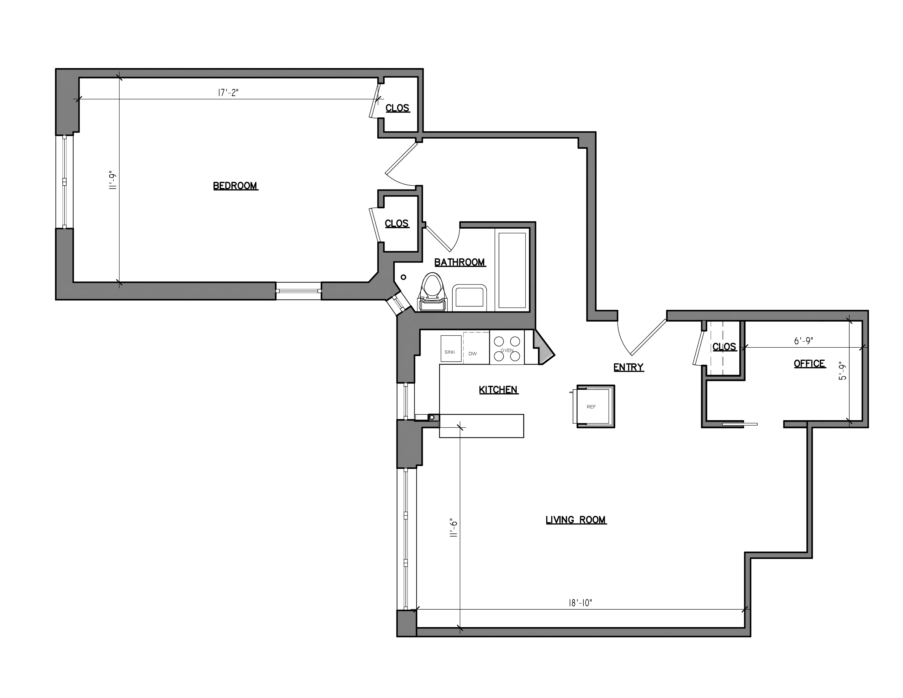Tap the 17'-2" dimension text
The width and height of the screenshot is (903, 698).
tap(228, 92)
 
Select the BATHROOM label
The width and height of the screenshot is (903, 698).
tap(459, 262)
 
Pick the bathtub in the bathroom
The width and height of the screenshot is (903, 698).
tap(512, 270)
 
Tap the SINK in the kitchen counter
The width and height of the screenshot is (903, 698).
tap(450, 348)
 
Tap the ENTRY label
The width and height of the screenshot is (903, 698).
tap(628, 367)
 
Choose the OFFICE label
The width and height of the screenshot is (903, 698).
tap(809, 364)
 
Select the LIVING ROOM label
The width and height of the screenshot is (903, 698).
tap(575, 520)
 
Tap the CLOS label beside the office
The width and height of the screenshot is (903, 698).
tap(724, 347)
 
